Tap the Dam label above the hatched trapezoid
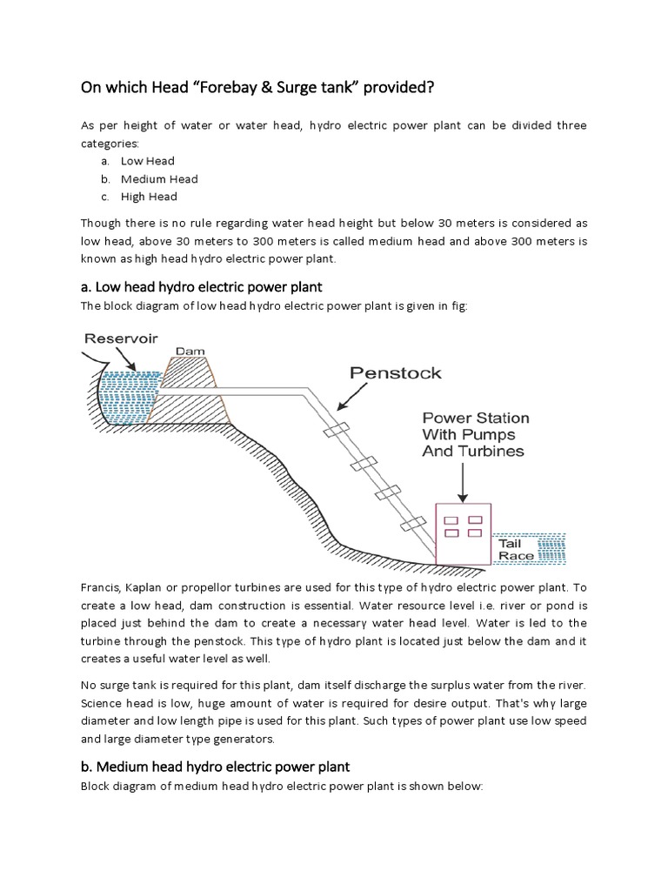[190, 352]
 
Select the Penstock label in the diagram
[396, 373]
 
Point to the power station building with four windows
[463, 533]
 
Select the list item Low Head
[147, 161]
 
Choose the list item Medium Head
[159, 178]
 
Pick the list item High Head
[149, 197]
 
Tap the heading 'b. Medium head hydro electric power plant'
[215, 767]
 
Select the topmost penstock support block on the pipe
[337, 430]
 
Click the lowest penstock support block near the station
[412, 526]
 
